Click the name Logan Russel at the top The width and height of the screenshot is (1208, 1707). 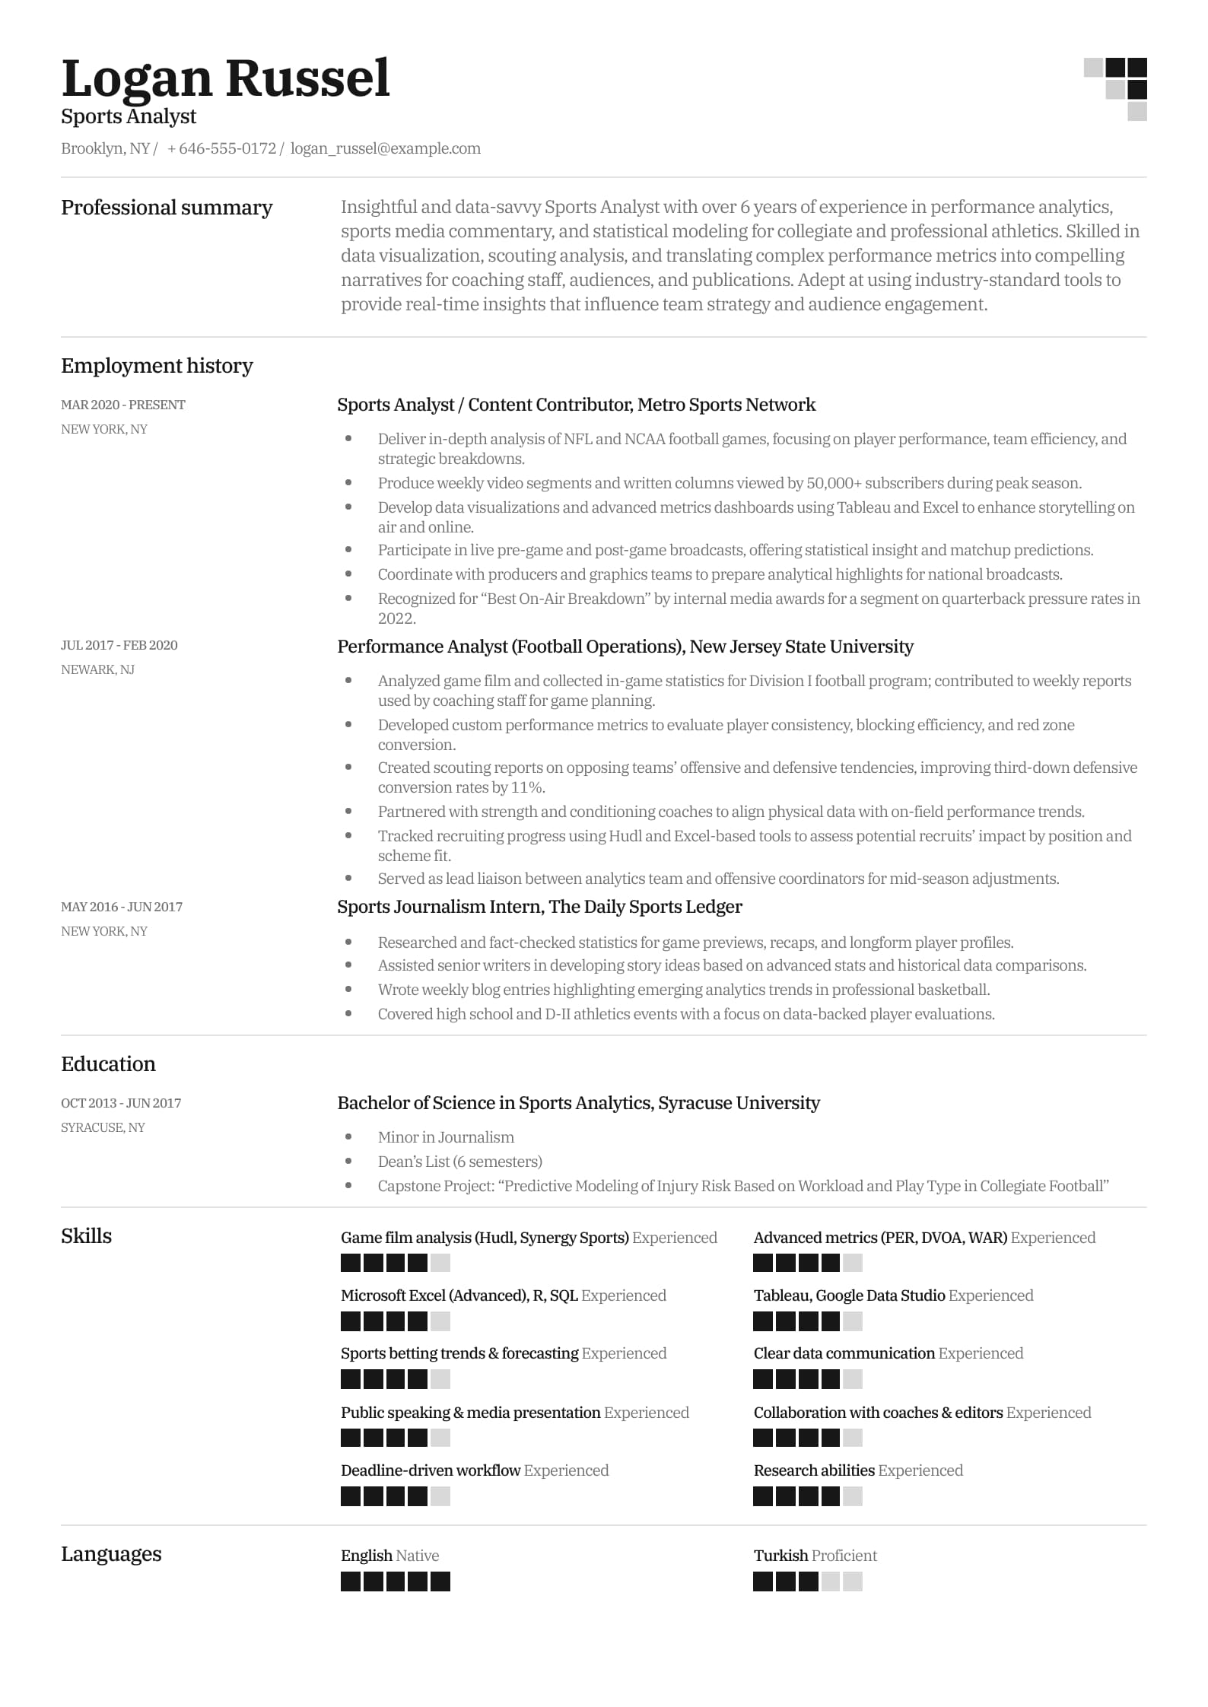(x=225, y=79)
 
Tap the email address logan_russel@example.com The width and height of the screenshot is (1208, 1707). (x=385, y=148)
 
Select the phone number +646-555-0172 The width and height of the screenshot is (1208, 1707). (x=221, y=148)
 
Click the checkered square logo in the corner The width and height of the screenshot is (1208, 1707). (x=1115, y=89)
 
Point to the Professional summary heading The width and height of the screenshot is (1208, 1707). (x=167, y=208)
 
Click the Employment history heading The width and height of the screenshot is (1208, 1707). (x=157, y=366)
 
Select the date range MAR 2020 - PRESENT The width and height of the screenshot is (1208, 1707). (x=123, y=405)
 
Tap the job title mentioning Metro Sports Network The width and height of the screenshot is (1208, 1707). (x=576, y=405)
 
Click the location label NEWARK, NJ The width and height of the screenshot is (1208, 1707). (x=97, y=669)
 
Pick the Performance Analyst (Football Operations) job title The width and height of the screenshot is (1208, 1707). (x=625, y=647)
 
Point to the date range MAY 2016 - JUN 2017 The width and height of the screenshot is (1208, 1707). (x=122, y=907)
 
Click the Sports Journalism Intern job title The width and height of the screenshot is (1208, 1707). (x=539, y=907)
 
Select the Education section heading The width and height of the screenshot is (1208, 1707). (x=108, y=1064)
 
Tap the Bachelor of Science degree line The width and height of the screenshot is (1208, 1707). (x=578, y=1103)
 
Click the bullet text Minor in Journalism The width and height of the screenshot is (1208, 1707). (x=446, y=1137)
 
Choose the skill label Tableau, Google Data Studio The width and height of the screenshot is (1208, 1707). (x=849, y=1295)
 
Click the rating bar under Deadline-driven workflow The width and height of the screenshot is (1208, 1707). (x=395, y=1496)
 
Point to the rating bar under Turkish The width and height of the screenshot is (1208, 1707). (x=808, y=1581)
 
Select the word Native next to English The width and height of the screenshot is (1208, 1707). (x=418, y=1556)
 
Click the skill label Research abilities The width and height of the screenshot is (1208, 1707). (x=814, y=1470)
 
